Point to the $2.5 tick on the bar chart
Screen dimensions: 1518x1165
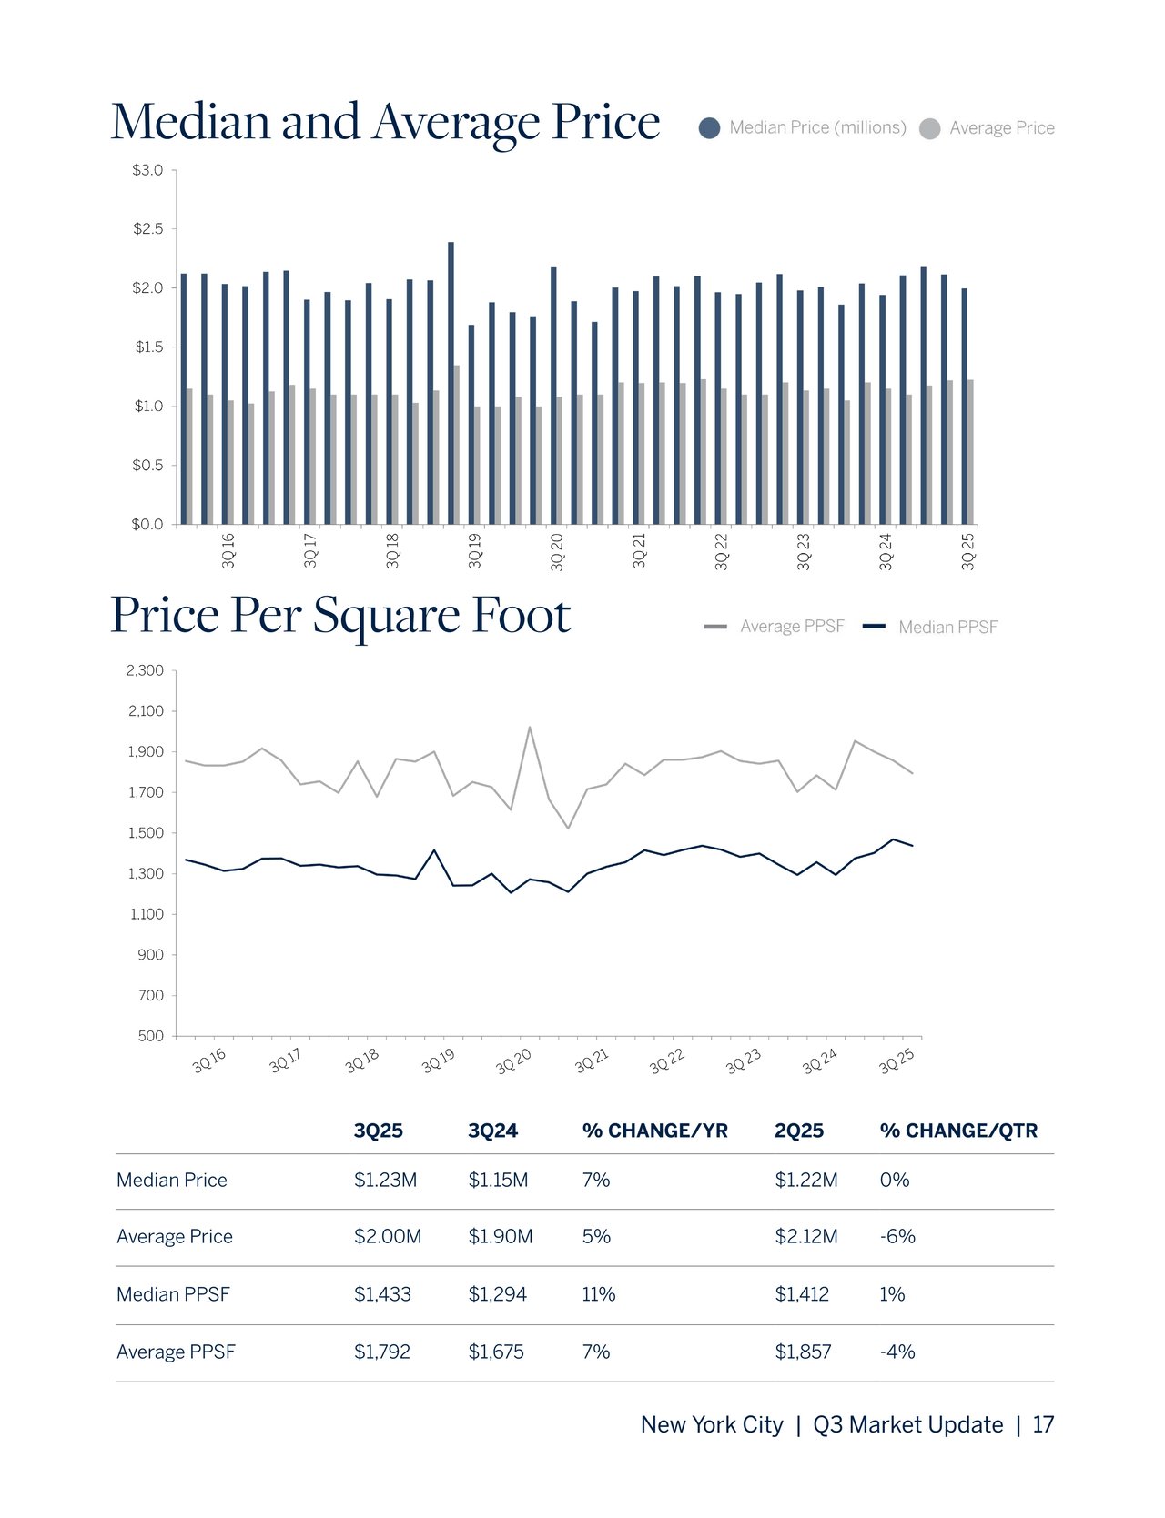point(148,229)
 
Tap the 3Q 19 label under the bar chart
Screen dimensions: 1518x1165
point(474,551)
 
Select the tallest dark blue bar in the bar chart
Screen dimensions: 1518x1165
point(451,382)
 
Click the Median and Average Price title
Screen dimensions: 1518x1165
point(385,122)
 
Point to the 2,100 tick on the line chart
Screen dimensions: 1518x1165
point(146,711)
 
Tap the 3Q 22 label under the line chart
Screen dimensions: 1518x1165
point(667,1061)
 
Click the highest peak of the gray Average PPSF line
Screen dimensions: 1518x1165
point(530,728)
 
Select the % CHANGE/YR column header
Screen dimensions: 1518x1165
point(654,1131)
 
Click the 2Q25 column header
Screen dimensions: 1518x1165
point(798,1131)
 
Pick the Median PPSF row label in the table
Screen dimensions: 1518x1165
point(173,1294)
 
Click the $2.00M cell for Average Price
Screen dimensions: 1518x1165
point(387,1237)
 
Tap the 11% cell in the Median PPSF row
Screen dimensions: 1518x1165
point(598,1294)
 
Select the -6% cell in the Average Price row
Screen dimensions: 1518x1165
point(897,1237)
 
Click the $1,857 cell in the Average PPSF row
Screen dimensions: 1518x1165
point(802,1352)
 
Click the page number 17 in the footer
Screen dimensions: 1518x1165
point(1043,1425)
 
